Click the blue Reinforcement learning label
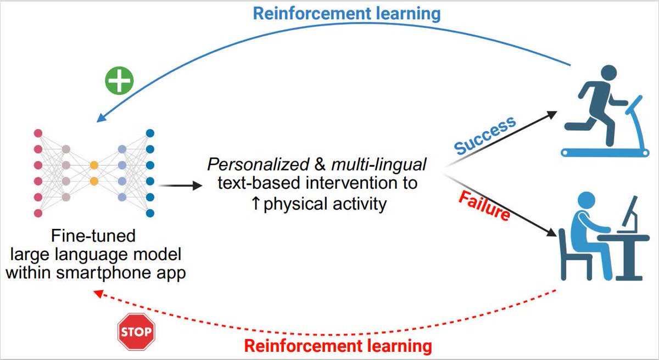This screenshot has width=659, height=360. tap(347, 13)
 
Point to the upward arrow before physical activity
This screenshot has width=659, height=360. tap(256, 204)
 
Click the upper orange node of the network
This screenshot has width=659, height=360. tap(94, 164)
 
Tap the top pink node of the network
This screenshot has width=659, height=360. tap(38, 133)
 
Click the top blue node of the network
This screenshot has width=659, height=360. tap(150, 133)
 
